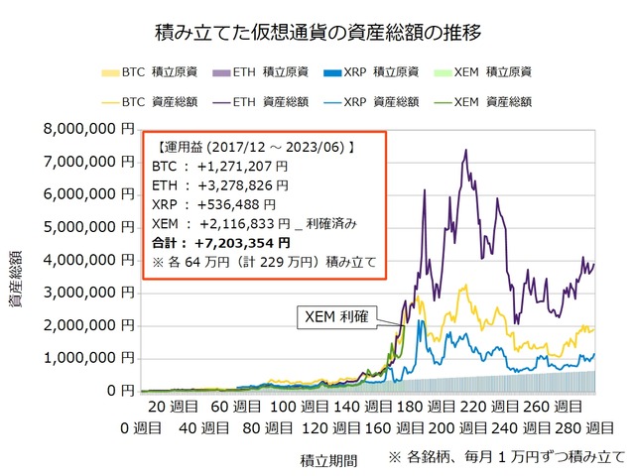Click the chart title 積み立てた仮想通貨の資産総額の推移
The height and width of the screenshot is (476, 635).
317,33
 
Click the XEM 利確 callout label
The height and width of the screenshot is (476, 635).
337,317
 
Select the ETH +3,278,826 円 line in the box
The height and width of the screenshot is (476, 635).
221,184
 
